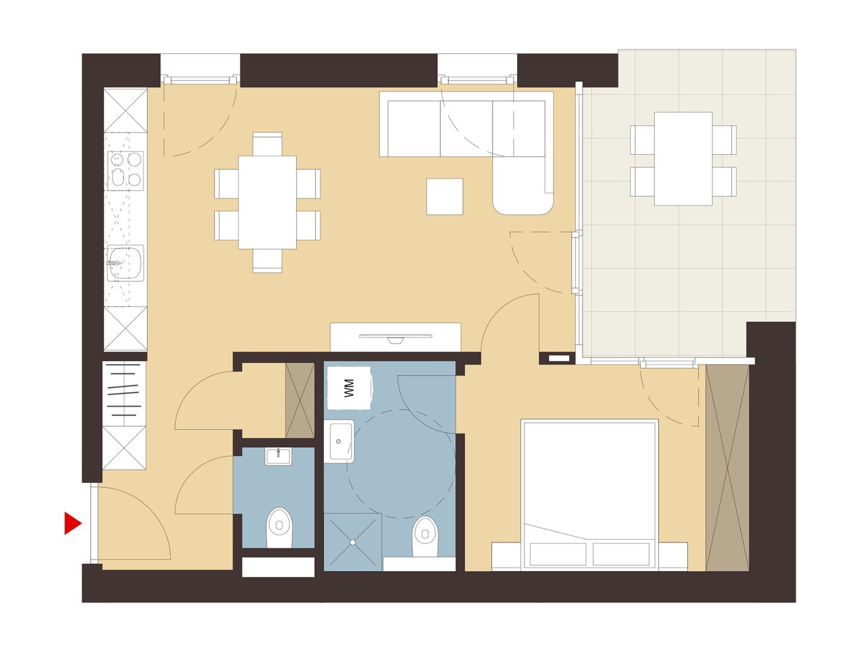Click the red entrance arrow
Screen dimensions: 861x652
pyautogui.click(x=72, y=523)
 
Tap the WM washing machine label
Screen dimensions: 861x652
pyautogui.click(x=349, y=388)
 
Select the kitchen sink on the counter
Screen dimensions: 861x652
pyautogui.click(x=125, y=263)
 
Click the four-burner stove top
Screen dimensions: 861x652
pyautogui.click(x=125, y=171)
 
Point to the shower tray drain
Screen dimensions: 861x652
pyautogui.click(x=353, y=542)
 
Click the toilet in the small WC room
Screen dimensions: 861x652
pyautogui.click(x=279, y=528)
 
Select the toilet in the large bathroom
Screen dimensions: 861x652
pyautogui.click(x=425, y=536)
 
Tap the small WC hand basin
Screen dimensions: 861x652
pyautogui.click(x=278, y=456)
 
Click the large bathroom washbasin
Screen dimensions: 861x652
pyautogui.click(x=339, y=441)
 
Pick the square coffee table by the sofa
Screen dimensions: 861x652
pyautogui.click(x=445, y=197)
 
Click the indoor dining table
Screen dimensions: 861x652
pyautogui.click(x=267, y=202)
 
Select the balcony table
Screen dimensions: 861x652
pyautogui.click(x=683, y=159)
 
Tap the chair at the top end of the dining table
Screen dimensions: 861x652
pyautogui.click(x=267, y=144)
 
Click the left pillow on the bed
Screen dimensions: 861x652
pyautogui.click(x=558, y=554)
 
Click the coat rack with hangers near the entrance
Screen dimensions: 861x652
pyautogui.click(x=124, y=394)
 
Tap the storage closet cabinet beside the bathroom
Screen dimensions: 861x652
pyautogui.click(x=300, y=400)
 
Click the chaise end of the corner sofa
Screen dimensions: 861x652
pyautogui.click(x=523, y=185)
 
